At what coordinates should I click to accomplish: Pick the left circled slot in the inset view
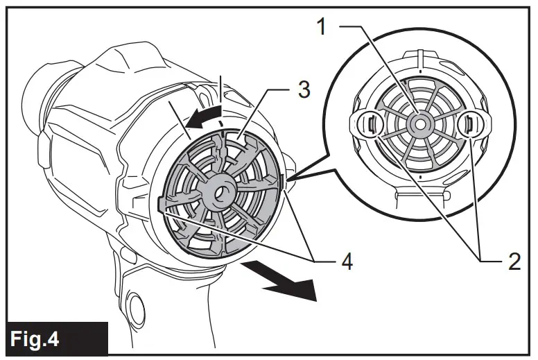point(370,124)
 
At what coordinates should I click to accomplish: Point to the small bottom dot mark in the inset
point(420,177)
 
